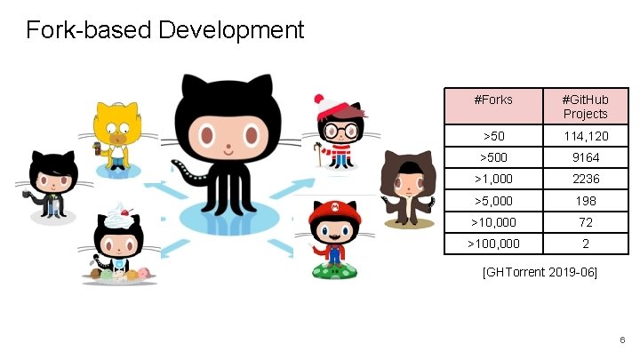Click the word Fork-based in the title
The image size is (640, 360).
[89, 31]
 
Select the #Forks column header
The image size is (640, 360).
[494, 100]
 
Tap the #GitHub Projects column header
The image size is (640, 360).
[585, 106]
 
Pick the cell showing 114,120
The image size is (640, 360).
[585, 136]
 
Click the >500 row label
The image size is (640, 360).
[494, 157]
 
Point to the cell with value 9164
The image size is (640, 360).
[585, 157]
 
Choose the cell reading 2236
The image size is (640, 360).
[585, 179]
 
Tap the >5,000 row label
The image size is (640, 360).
[494, 200]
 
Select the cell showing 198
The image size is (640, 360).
[585, 200]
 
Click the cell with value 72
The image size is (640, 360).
[585, 221]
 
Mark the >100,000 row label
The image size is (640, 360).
[494, 243]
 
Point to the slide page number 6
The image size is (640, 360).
[622, 340]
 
